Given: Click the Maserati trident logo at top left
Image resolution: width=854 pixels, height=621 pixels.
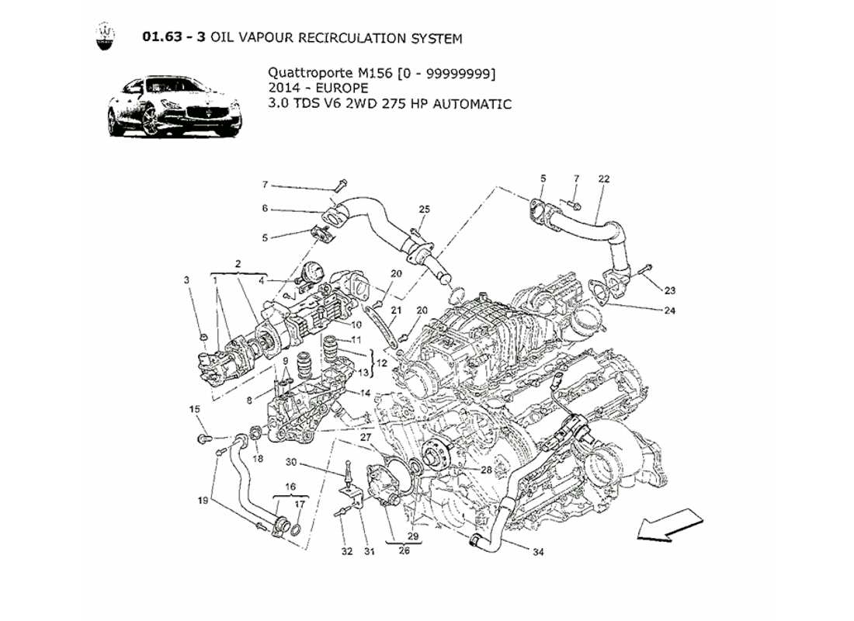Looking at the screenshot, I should pos(104,37).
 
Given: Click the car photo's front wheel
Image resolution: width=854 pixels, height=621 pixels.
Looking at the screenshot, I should pos(151,123).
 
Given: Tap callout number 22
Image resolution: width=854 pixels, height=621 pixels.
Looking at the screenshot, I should pos(604,179).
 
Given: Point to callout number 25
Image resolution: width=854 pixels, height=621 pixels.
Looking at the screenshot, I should pos(424,210).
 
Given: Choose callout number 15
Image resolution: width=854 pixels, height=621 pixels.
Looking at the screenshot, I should pos(195,408).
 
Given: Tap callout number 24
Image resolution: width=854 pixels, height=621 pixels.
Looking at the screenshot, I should pos(670,311).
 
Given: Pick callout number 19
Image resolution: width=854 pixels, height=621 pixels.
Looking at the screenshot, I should pos(203,501).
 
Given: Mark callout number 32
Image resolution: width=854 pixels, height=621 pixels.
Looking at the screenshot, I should pos(346,552).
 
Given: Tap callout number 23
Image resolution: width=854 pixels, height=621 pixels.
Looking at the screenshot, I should pos(669,290).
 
